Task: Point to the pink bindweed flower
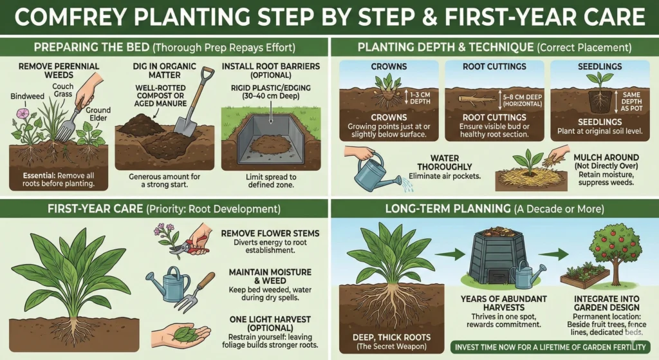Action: pyautogui.click(x=23, y=113)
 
